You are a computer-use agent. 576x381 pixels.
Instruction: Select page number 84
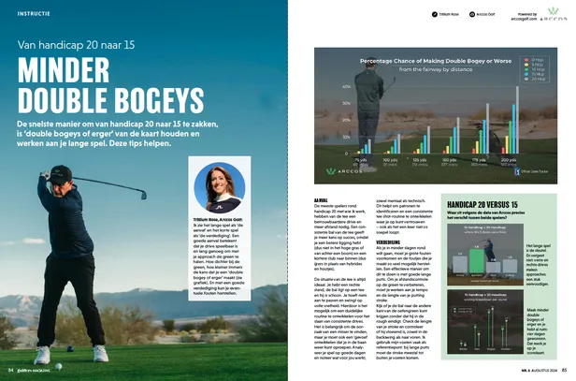9,370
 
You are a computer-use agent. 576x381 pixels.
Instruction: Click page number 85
566,370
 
